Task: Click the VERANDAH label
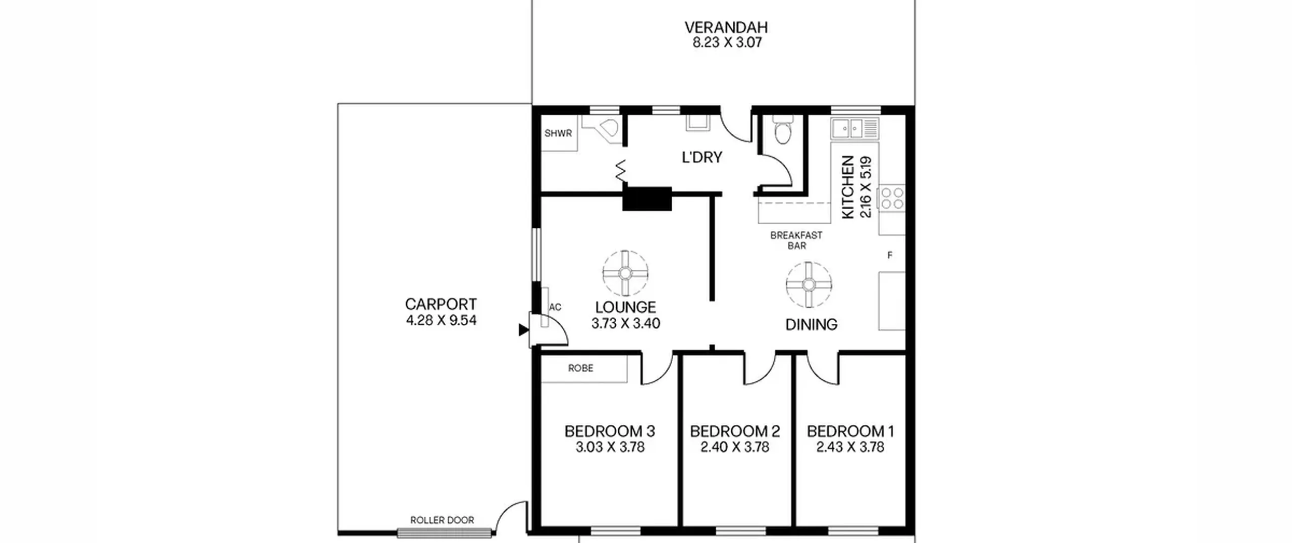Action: coord(726,27)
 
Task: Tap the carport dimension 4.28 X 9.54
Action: coord(441,320)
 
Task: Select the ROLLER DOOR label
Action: coord(442,520)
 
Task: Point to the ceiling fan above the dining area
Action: coord(809,285)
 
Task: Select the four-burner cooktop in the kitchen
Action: coord(892,198)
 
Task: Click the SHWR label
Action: coord(558,133)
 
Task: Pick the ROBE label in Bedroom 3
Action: coord(580,368)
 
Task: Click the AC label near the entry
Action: coord(555,307)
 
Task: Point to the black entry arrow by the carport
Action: coord(523,330)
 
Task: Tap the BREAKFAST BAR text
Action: coord(796,240)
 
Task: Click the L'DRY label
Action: coord(702,158)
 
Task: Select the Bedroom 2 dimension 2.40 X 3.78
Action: coord(735,447)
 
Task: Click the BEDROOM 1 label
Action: coord(850,431)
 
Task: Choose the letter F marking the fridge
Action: coord(890,256)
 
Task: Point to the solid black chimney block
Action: coord(647,199)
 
